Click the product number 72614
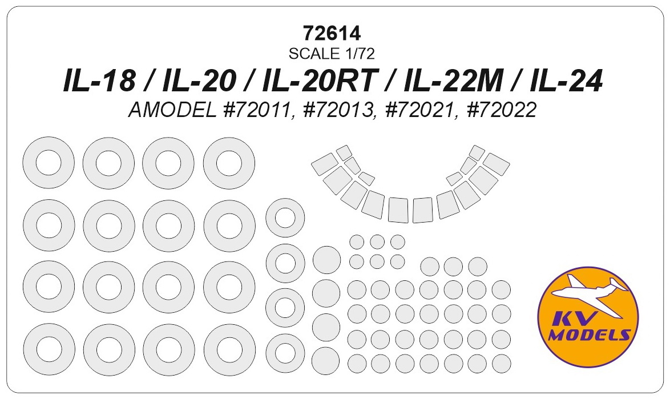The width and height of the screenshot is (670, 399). click(x=332, y=33)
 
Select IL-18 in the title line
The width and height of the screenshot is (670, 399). click(x=99, y=81)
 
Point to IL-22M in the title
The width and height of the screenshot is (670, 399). click(x=452, y=81)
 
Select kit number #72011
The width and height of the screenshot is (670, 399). click(x=257, y=111)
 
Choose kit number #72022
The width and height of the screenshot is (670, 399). click(x=502, y=111)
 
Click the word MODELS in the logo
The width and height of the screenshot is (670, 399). click(x=589, y=334)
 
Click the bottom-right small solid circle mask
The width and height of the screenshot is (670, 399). click(x=501, y=364)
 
